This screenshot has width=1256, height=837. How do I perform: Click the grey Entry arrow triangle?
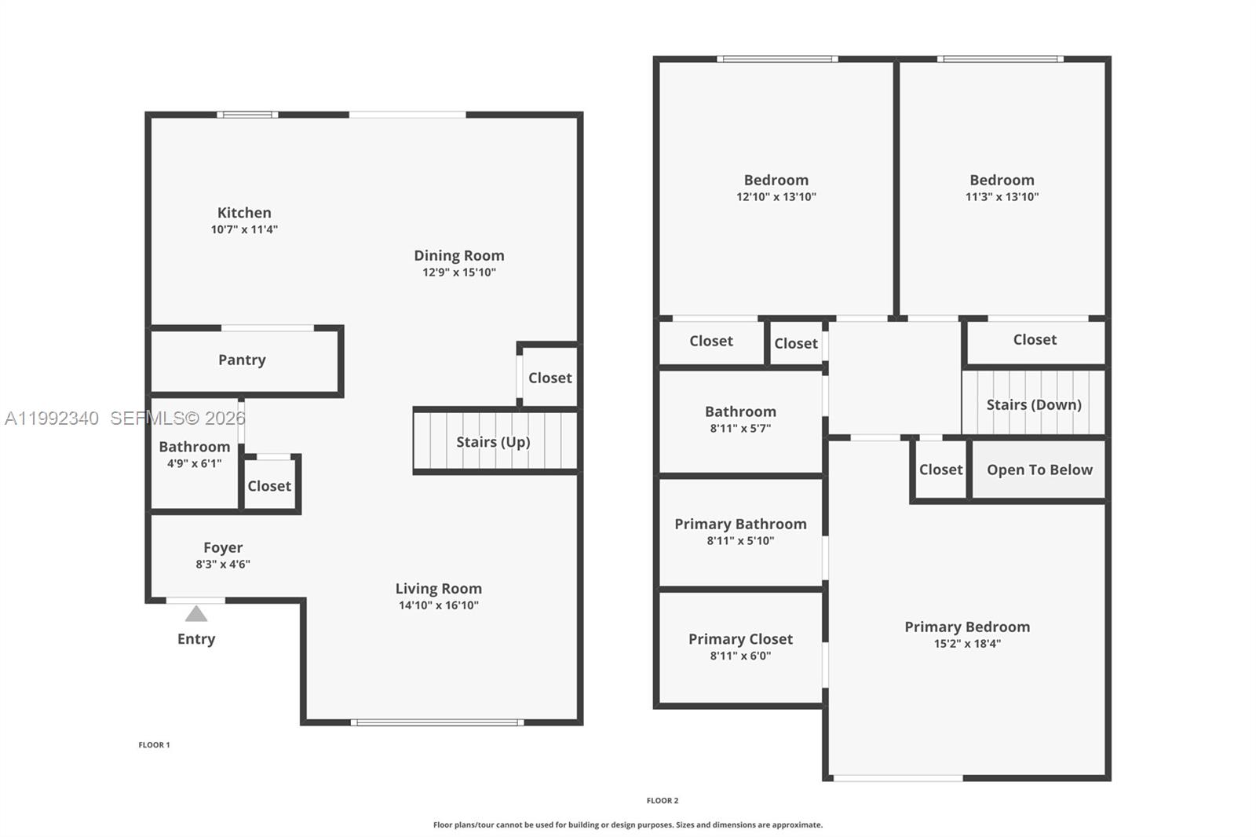196,614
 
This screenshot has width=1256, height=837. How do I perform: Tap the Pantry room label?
242,360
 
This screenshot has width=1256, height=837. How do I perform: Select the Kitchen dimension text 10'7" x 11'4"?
244,229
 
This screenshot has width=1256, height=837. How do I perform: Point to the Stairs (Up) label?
493,442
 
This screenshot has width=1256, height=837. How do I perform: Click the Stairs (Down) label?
1033,404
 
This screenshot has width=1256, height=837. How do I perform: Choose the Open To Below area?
1039,470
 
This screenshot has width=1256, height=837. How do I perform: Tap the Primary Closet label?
740,639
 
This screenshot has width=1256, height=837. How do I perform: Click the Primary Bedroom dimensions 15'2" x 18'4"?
966,644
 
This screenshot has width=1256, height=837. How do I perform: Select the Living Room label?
439,588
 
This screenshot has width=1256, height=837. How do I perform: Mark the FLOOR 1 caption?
154,745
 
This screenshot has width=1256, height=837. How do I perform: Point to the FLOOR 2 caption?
663,801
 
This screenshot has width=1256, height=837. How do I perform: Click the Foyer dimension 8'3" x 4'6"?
223,565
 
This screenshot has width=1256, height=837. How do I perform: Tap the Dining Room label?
458,256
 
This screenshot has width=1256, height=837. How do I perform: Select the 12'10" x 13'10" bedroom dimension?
776,197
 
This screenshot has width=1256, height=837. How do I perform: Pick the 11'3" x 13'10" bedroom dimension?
1002,197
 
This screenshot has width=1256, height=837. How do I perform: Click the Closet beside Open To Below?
940,470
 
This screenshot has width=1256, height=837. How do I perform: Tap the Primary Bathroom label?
740,524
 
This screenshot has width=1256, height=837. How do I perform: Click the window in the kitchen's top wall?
247,115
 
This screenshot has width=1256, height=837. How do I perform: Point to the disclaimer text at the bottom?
627,824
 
